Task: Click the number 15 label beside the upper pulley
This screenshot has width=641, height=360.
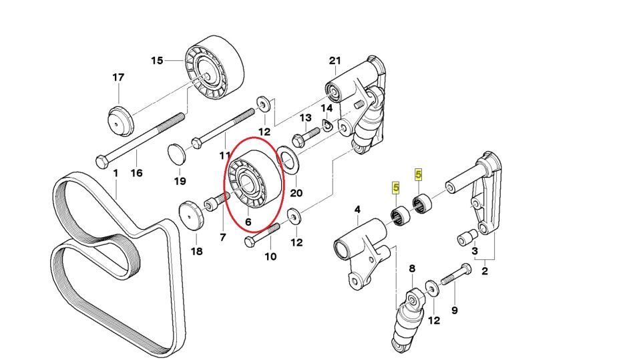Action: click(157, 61)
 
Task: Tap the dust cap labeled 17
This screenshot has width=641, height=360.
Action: click(121, 120)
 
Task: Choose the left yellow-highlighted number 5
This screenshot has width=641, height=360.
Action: click(396, 189)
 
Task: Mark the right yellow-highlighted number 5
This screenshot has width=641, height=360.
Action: click(419, 175)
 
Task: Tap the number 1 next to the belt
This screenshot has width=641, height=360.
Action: click(115, 173)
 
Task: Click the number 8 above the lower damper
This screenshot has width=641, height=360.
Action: click(412, 268)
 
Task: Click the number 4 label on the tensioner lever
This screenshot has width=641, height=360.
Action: click(357, 210)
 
